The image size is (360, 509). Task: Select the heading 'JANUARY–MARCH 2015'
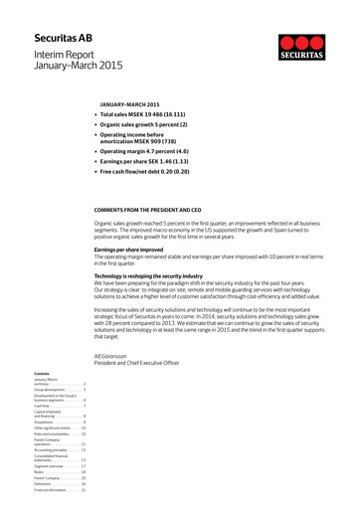129,104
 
